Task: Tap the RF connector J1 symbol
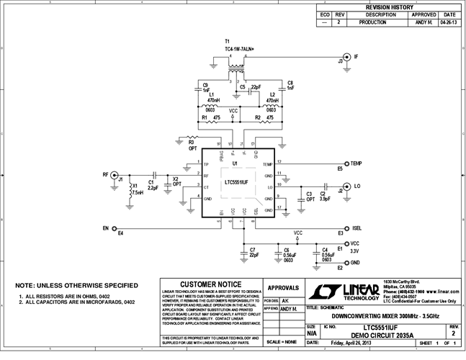[120, 174]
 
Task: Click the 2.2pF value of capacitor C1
[153, 188]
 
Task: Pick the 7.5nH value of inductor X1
[138, 193]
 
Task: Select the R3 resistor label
[192, 143]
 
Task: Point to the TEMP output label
[356, 164]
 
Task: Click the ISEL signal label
[356, 228]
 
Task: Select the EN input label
[106, 228]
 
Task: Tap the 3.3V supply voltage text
[354, 252]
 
